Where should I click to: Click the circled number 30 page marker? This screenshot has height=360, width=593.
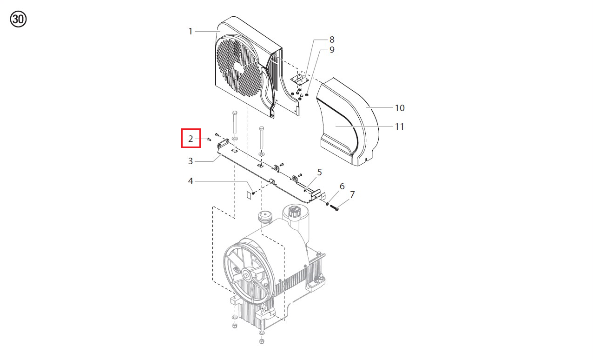pos(18,19)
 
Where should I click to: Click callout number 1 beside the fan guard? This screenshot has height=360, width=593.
pos(191,32)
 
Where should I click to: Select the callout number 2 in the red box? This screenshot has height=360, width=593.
pos(191,139)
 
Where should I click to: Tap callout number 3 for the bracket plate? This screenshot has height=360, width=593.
pos(191,161)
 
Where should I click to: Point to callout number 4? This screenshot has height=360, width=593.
pos(191,181)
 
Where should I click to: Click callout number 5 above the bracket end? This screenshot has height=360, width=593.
pos(320,172)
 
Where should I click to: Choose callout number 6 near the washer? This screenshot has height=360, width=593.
pos(342,186)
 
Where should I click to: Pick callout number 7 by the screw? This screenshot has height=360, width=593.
pos(352,194)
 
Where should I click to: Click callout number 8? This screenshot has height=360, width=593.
pos(332,40)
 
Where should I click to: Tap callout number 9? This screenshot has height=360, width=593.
pos(332,50)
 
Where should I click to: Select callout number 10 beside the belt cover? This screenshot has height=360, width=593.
pos(400,108)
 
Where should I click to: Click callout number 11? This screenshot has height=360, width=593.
pos(400,127)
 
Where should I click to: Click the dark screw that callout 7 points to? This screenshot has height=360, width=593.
pos(334,208)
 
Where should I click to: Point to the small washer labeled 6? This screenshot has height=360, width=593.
pos(327,203)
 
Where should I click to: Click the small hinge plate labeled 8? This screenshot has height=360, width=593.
pos(299,80)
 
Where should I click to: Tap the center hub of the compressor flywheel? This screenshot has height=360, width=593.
pos(247,275)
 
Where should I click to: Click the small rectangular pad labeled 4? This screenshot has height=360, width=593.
pos(249,195)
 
